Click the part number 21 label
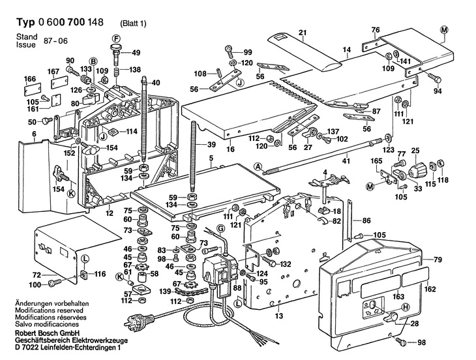pyautogui.click(x=302, y=33)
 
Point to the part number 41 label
pyautogui.click(x=346, y=161)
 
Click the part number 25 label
pyautogui.click(x=414, y=151)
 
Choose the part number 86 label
pyautogui.click(x=367, y=221)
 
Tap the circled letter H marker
pyautogui.click(x=406, y=307)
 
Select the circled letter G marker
pyautogui.click(x=220, y=228)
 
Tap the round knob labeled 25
pyautogui.click(x=415, y=172)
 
